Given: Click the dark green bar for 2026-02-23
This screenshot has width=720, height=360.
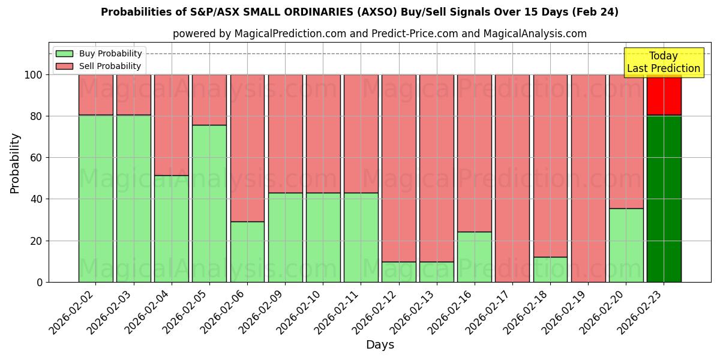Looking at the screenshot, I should (664, 198).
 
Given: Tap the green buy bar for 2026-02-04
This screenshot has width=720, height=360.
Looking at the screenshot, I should (172, 228).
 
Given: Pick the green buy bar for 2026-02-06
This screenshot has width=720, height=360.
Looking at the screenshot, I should (247, 251).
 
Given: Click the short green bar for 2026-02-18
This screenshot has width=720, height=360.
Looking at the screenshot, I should (550, 269).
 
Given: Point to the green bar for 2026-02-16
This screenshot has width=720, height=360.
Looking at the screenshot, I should (474, 257).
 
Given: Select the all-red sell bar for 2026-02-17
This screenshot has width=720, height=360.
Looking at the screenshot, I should (512, 178).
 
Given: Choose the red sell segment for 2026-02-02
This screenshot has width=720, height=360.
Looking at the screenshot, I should (96, 95).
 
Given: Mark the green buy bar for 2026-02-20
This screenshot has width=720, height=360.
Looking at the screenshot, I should (626, 245).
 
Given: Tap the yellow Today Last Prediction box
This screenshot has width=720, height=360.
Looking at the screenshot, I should (663, 62).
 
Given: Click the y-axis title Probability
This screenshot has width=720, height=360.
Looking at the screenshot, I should (15, 163).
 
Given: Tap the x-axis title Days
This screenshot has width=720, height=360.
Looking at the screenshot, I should (380, 345).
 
